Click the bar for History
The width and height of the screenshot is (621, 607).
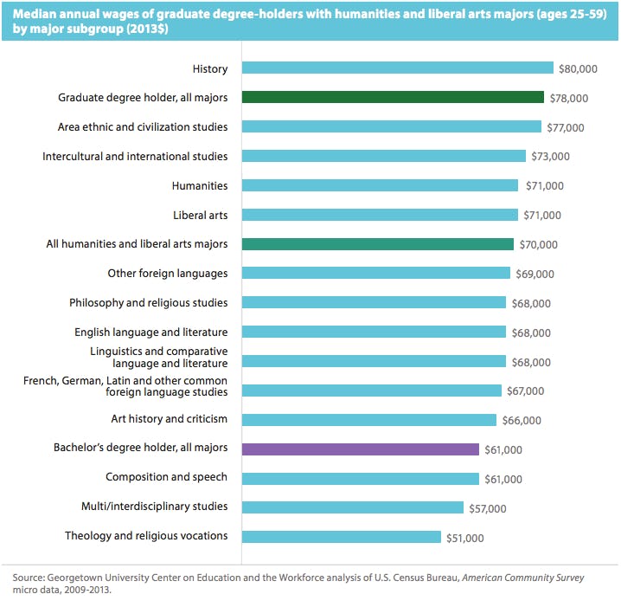(x=397, y=68)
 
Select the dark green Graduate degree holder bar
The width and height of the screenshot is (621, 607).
(x=393, y=97)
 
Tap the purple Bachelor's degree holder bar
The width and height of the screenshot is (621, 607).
(x=360, y=449)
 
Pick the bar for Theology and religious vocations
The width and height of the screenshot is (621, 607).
(x=341, y=537)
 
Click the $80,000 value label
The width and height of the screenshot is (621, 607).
(x=578, y=68)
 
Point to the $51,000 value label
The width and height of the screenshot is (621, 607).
(x=465, y=538)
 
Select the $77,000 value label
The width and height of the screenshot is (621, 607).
(x=566, y=127)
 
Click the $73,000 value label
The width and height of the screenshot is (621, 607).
(x=550, y=157)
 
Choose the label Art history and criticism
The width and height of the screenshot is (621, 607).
(x=169, y=419)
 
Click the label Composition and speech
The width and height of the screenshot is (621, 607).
(x=166, y=477)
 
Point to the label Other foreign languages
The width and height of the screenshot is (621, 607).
(x=167, y=273)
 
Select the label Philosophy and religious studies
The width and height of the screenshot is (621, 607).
(x=148, y=302)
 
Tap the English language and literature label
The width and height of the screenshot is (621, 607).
(x=150, y=332)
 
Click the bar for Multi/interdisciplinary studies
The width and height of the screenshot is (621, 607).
(x=352, y=507)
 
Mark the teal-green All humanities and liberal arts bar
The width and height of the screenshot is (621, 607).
(x=377, y=244)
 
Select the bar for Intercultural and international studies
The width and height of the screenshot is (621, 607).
(x=383, y=156)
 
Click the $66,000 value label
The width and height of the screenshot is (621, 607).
(x=521, y=421)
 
